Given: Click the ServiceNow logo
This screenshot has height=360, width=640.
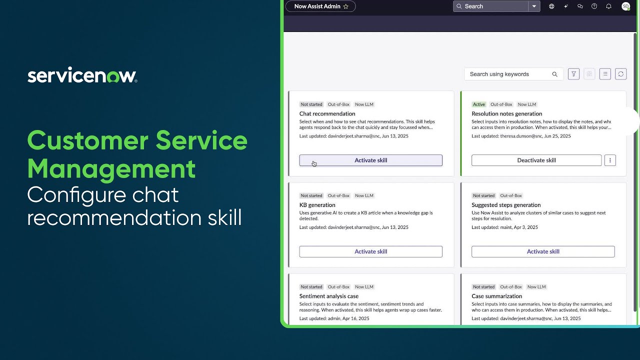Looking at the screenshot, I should pos(82,75).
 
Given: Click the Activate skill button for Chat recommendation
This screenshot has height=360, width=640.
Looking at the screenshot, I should pos(370,160).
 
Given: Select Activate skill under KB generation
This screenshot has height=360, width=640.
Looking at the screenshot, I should pos(370,251).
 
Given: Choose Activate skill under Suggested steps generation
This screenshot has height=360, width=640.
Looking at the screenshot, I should pos(543,251).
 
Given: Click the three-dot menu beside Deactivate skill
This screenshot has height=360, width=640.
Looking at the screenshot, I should pos(609,160).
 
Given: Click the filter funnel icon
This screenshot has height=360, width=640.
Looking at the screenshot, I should pos(574,74).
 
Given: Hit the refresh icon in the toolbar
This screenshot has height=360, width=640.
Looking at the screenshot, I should pos(620,74).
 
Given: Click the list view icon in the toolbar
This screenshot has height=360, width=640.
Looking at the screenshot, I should pos(605,74).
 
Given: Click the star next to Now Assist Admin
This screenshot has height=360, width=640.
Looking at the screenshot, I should pos(346,6).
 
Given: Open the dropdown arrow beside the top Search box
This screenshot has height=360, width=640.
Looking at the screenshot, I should pos(534,6).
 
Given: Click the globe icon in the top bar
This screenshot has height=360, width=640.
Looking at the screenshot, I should pos(551,6).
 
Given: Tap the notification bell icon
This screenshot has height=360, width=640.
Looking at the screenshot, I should pos(608,6).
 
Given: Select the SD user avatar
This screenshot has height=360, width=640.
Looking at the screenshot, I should pos(625,6).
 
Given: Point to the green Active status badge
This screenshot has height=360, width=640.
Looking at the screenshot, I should pos(479,104).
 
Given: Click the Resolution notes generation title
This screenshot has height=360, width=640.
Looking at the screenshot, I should pos(506,114).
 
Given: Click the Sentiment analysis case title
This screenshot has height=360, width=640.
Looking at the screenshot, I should pos(329,296).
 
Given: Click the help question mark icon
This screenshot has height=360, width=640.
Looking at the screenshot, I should pos(594,6).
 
